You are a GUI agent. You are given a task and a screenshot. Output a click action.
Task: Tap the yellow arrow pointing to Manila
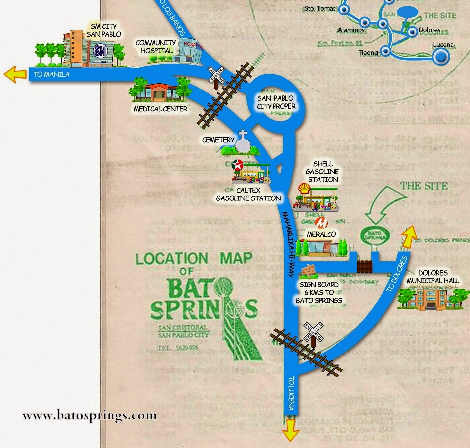pos(15,74)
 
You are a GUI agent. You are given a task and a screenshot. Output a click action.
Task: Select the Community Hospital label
pos(156,47)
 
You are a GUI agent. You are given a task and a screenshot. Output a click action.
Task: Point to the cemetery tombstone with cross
pos(242,144)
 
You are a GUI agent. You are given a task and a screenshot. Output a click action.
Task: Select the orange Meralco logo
pos(321,223)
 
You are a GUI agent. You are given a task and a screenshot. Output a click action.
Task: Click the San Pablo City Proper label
pos(276,102)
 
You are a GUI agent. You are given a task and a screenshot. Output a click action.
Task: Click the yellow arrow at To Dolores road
pos(409,237)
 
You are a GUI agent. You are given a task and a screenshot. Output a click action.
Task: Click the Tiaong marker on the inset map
pos(386,52)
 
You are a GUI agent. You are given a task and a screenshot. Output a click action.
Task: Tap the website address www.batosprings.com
pos(89,416)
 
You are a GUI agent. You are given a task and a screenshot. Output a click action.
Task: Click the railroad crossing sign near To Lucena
pos(313,332)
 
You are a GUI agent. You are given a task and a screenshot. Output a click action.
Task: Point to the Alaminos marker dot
pos(365,23)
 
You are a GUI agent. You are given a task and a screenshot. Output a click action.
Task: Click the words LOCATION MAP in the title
pos(194,259)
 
